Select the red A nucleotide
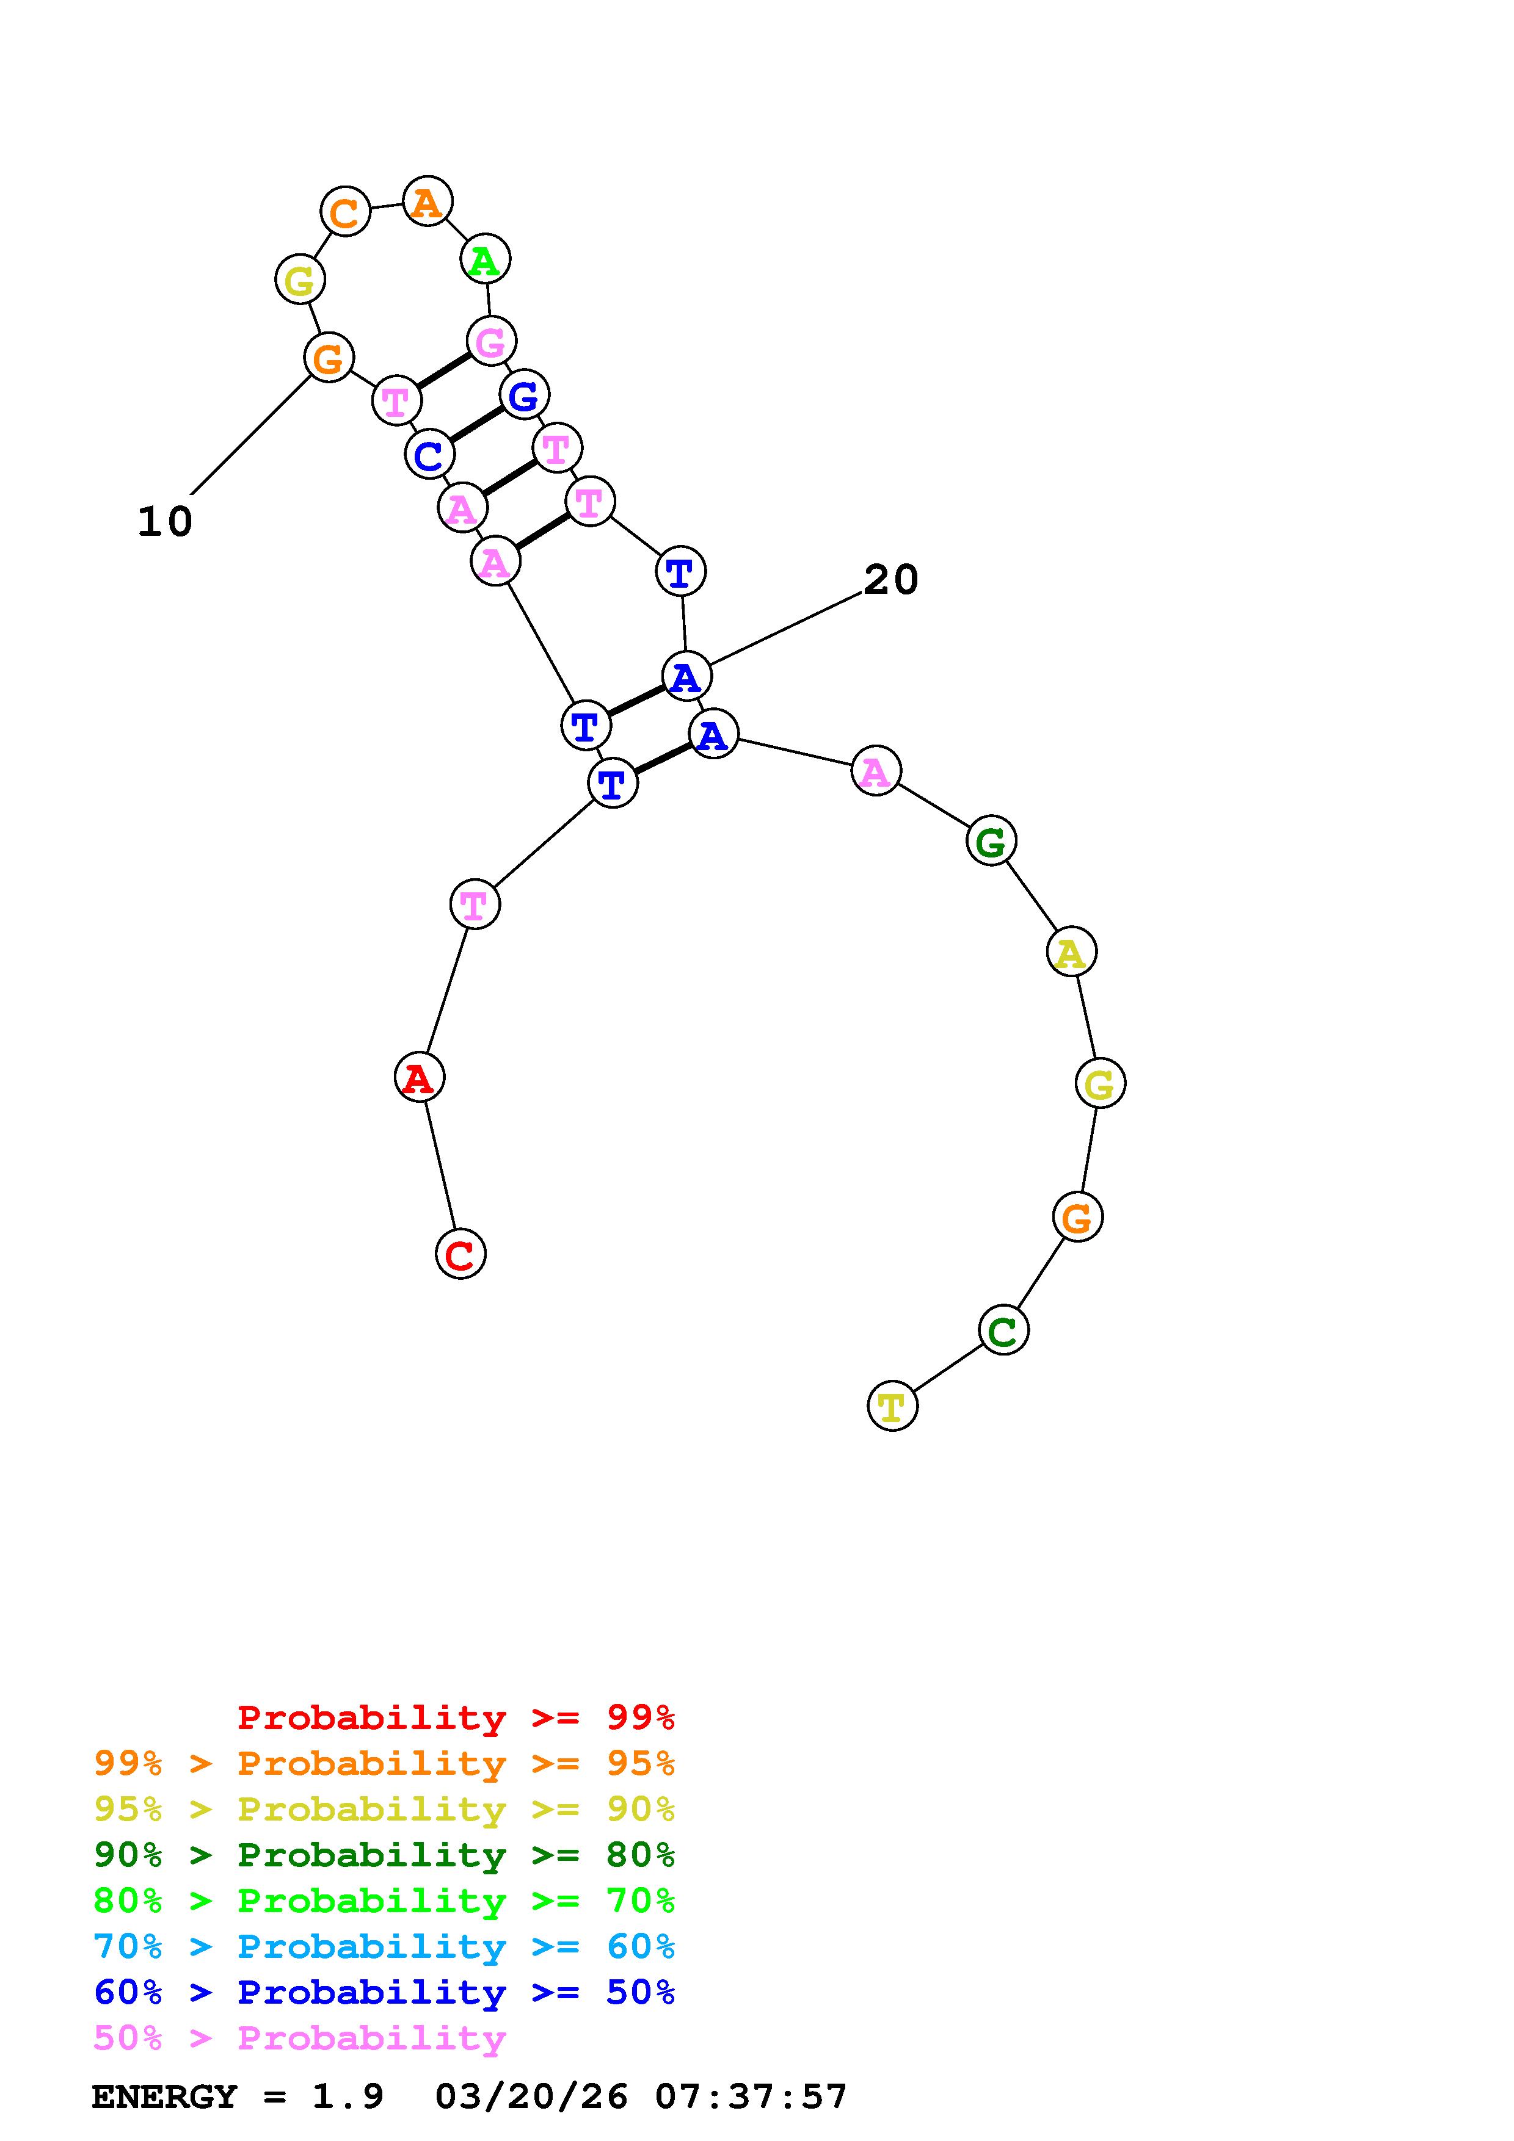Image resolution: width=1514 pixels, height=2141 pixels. click(419, 1078)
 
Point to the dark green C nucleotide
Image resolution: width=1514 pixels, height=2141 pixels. click(1004, 1330)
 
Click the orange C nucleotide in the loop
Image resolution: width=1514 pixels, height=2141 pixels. click(345, 212)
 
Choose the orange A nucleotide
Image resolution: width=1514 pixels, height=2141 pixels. click(428, 201)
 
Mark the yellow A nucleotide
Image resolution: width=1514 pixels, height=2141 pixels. click(1071, 952)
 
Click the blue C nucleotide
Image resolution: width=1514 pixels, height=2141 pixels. click(429, 455)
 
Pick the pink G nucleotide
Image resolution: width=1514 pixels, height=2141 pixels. click(490, 341)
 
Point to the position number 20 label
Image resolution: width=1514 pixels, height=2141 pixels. click(891, 580)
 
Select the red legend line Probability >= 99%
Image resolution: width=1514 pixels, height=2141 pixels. click(456, 1717)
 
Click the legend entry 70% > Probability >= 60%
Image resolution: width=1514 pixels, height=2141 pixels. click(384, 1947)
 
